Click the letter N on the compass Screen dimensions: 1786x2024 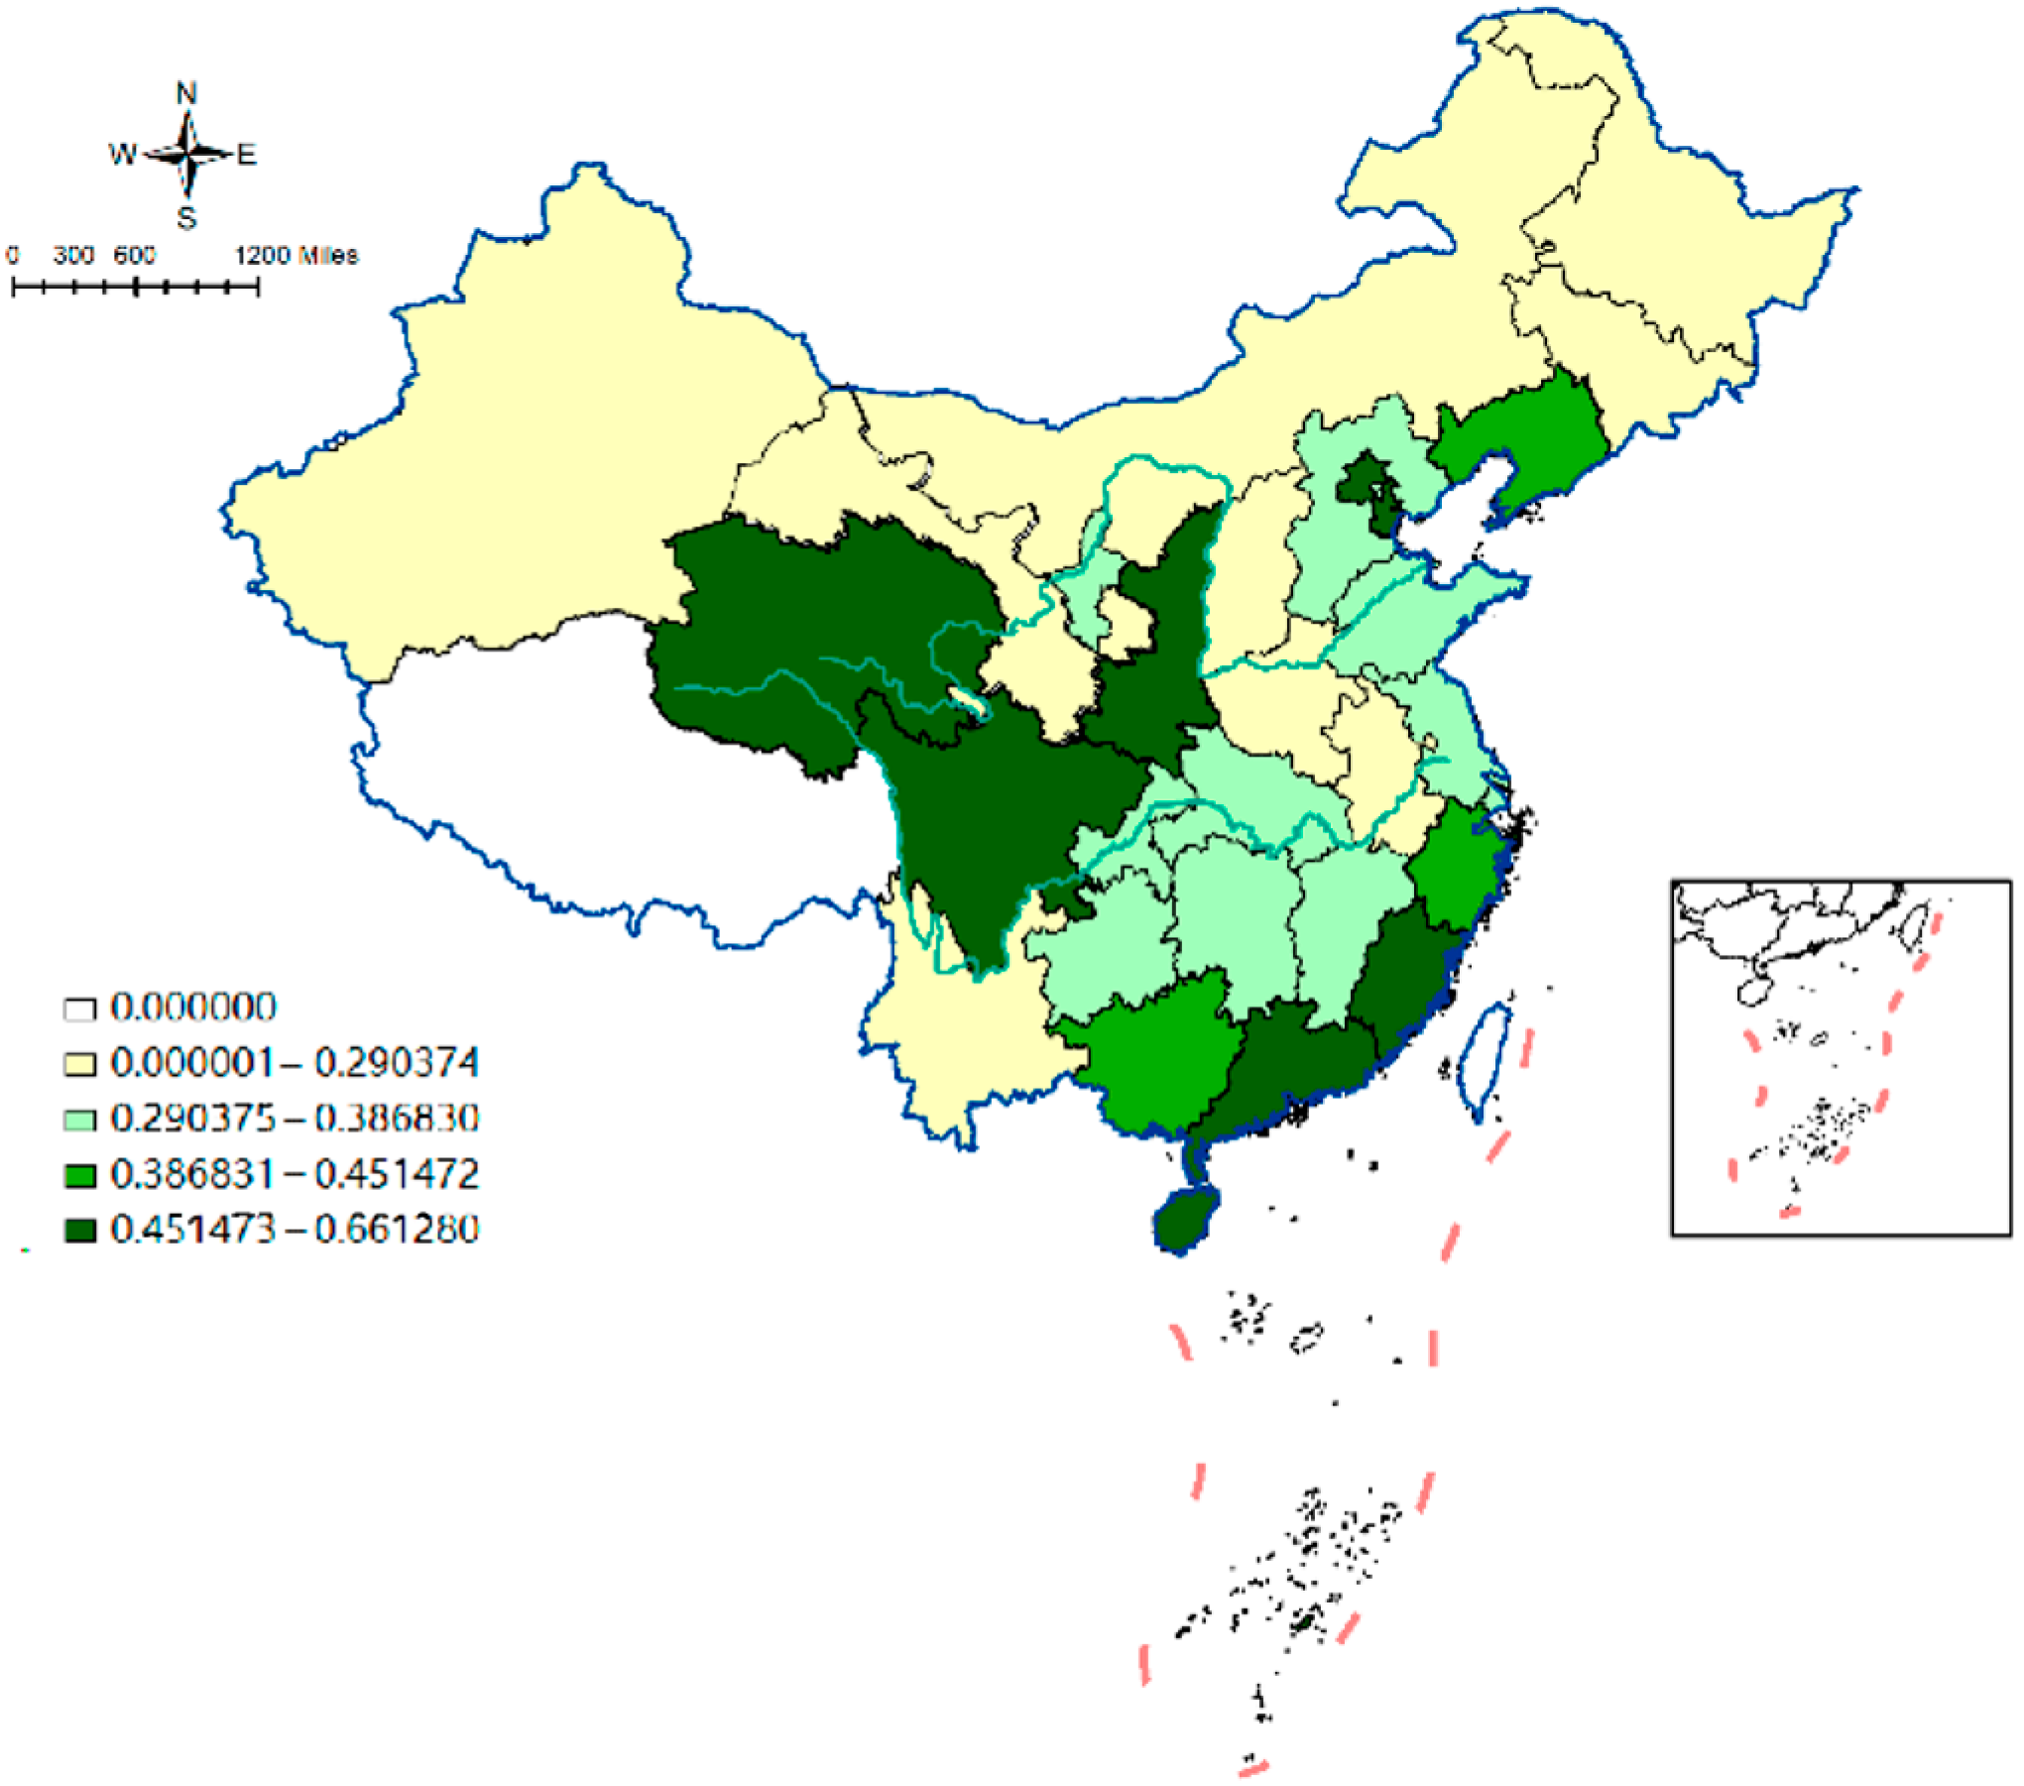(186, 93)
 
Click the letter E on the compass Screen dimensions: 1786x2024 (246, 155)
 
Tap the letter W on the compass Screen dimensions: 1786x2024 (122, 155)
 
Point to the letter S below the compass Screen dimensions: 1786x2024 (186, 218)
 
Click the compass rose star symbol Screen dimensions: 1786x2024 (187, 155)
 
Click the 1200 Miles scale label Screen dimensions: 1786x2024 (296, 256)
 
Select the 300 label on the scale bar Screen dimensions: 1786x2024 (73, 256)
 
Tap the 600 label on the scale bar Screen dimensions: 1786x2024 (134, 256)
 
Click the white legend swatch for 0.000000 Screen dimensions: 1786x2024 (79, 1010)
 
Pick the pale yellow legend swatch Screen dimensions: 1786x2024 (79, 1064)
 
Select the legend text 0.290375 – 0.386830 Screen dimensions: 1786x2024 (295, 1119)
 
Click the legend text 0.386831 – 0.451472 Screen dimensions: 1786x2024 (295, 1174)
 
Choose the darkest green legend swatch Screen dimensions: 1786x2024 (79, 1231)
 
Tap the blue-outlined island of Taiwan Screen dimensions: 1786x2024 (1485, 1059)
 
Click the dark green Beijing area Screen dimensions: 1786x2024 (1364, 483)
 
